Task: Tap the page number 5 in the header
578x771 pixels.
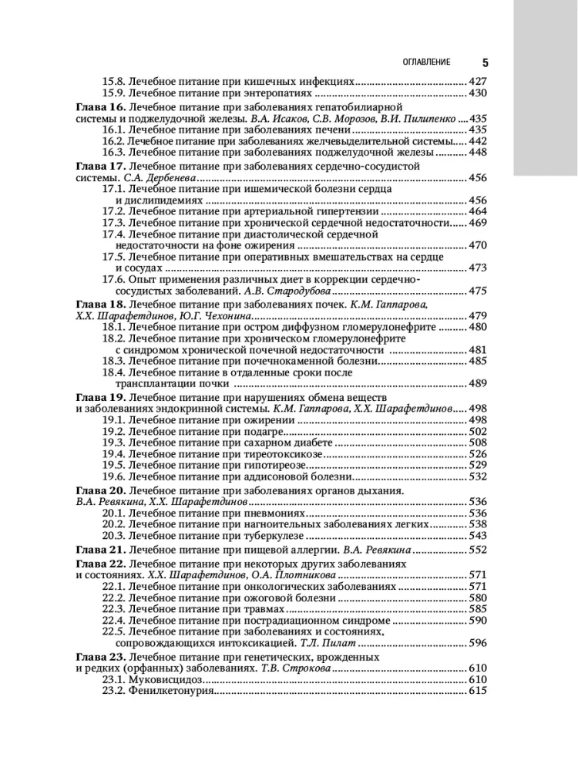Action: point(485,62)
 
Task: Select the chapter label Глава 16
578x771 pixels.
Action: point(99,107)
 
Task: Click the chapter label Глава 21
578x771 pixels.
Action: point(99,550)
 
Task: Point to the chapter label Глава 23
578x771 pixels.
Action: point(99,657)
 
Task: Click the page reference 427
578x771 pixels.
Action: point(478,81)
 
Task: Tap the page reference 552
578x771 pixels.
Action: point(478,550)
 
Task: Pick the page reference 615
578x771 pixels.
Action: point(478,692)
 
